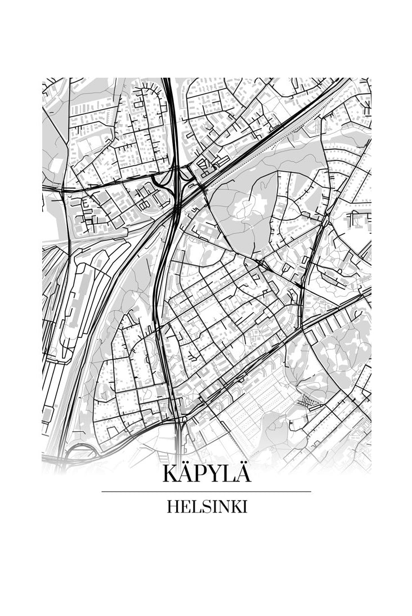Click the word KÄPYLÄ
click(207, 474)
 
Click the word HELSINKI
click(207, 507)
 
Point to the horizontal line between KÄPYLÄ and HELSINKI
click(207, 492)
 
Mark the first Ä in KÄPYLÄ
click(186, 473)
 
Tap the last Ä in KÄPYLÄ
click(243, 473)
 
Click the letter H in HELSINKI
click(172, 507)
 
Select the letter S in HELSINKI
click(203, 507)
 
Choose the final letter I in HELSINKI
click(245, 507)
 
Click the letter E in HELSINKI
click(183, 507)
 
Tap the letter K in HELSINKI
click(235, 507)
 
